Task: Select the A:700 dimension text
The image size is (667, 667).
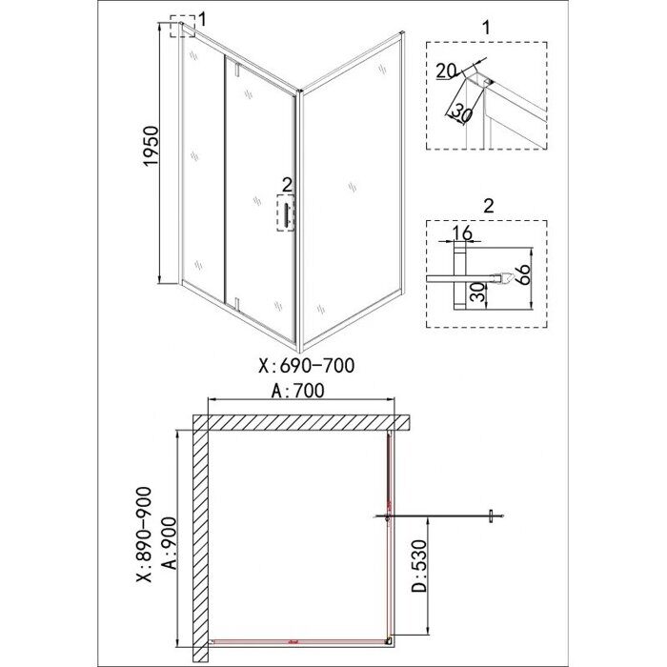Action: click(x=298, y=390)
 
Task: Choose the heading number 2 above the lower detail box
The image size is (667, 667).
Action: click(x=488, y=206)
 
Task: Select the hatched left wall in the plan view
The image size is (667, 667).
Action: click(x=200, y=543)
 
